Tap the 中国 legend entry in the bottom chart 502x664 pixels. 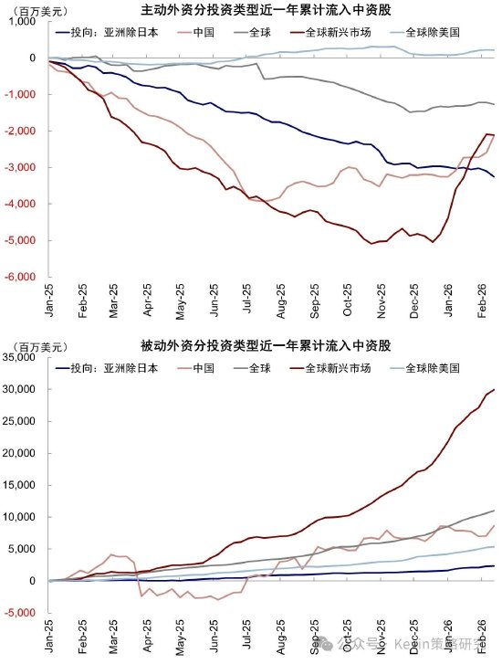coord(203,368)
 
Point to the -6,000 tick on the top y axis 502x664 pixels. coord(22,277)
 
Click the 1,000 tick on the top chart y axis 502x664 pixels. coord(25,21)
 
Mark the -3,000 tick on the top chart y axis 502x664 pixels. coord(22,167)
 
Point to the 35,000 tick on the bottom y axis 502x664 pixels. coord(22,357)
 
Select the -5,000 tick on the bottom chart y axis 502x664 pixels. coord(22,613)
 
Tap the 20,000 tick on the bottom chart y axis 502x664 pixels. coord(22,453)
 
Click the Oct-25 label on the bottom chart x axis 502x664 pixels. coord(347,636)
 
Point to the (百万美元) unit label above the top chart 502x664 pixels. coord(31,8)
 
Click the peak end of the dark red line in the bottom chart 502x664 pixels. coord(494,390)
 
